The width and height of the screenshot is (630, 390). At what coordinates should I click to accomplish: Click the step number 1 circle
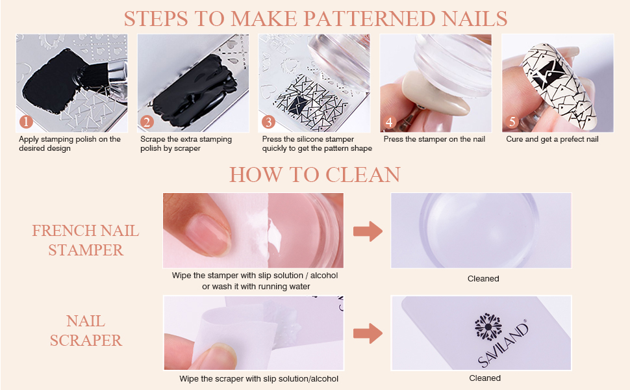(x=25, y=122)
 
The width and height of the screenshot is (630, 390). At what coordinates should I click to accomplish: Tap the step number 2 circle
(x=147, y=122)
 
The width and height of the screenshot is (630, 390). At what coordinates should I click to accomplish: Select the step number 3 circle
(x=268, y=122)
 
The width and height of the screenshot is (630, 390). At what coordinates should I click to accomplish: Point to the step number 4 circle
(x=390, y=122)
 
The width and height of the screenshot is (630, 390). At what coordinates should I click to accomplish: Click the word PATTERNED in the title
(x=375, y=18)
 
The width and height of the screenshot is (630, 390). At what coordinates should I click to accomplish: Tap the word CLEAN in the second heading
(x=363, y=174)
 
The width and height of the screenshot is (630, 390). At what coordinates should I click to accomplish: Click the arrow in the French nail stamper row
(x=368, y=231)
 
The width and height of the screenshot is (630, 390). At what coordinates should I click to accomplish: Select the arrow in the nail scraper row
(x=368, y=333)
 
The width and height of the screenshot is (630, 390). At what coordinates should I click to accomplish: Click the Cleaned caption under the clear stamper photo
(x=483, y=278)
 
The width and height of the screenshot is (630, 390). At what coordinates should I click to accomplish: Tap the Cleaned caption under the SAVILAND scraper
(x=485, y=378)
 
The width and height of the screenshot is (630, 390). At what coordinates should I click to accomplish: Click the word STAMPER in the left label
(x=85, y=250)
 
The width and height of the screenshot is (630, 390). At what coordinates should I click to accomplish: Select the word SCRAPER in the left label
(x=86, y=340)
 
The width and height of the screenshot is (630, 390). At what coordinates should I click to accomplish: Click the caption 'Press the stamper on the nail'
(x=435, y=139)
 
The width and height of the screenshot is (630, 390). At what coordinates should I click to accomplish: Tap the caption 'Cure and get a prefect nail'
(x=552, y=139)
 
